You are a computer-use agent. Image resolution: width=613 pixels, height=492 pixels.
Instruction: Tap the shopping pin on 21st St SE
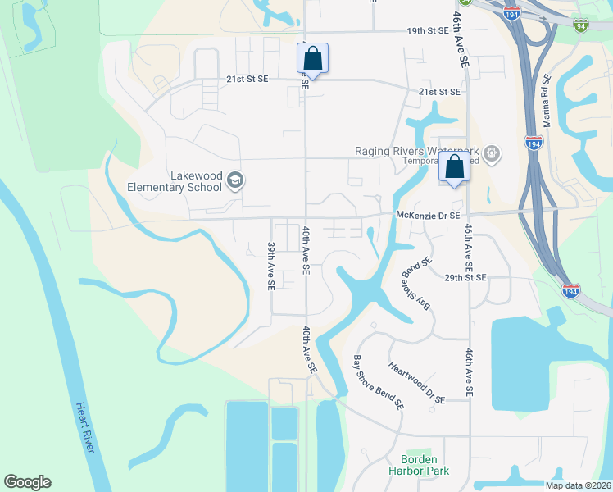pyautogui.click(x=312, y=59)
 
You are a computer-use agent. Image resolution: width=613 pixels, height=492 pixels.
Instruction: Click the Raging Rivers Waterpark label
pyautogui.click(x=416, y=151)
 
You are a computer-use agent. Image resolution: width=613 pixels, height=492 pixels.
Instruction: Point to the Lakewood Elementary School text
pyautogui.click(x=175, y=181)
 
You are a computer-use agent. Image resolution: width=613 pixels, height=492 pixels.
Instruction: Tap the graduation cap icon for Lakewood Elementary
pyautogui.click(x=235, y=180)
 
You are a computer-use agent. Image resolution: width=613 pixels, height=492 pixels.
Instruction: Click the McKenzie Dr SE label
pyautogui.click(x=429, y=215)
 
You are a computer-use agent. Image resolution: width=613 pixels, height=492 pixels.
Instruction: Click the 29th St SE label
pyautogui.click(x=464, y=278)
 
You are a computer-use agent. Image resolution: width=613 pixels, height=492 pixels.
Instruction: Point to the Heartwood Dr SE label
pyautogui.click(x=415, y=383)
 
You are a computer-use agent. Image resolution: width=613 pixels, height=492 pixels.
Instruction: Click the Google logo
pyautogui.click(x=27, y=482)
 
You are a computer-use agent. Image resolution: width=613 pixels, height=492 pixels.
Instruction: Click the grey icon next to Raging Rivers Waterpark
pyautogui.click(x=491, y=152)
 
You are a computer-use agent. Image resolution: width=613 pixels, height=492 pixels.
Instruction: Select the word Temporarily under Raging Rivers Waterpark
pyautogui.click(x=423, y=162)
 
